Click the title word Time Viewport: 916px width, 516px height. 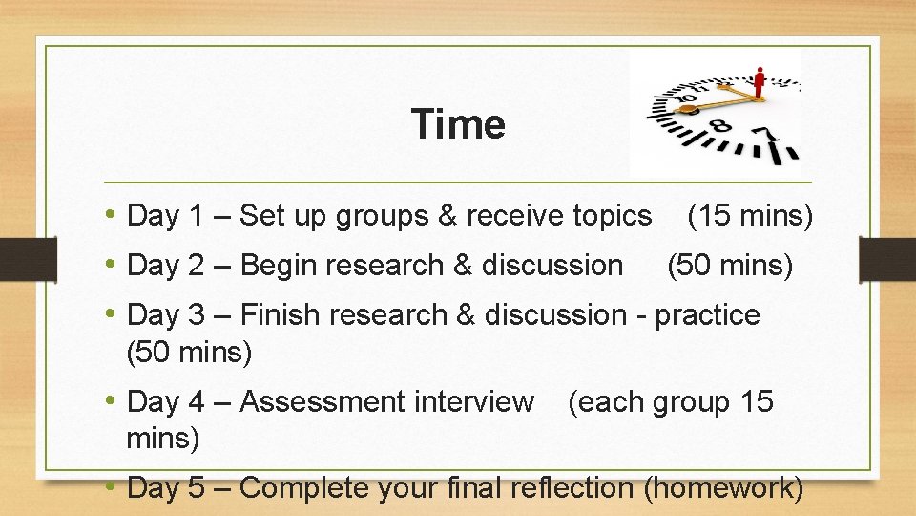coord(458,124)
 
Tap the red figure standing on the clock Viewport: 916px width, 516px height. coord(759,84)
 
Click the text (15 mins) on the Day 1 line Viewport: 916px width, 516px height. coord(750,216)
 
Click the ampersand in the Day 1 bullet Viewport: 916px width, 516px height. coord(447,216)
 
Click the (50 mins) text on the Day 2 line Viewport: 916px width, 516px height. coord(730,265)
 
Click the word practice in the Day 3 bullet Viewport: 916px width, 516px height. coord(707,314)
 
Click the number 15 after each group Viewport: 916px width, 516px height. coord(756,402)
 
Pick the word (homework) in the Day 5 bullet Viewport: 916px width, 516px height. coord(723,487)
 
